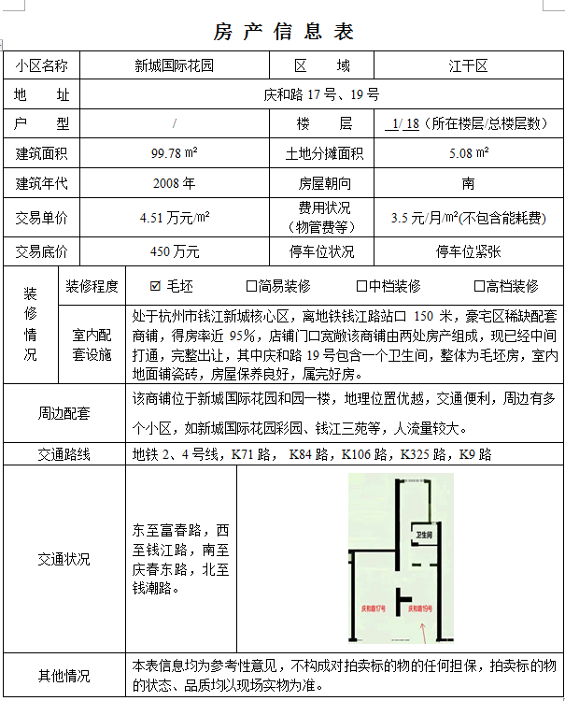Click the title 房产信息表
coord(284,32)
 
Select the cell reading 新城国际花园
coord(174,66)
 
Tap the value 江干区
coord(468,66)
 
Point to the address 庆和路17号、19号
coord(321,94)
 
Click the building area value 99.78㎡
coord(174,152)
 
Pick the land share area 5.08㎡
coord(468,152)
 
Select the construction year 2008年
coord(174,183)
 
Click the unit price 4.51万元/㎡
coord(174,218)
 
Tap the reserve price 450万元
coord(174,251)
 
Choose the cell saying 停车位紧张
coord(468,251)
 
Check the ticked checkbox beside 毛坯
coord(156,286)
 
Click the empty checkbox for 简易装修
coord(251,286)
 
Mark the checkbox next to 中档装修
coord(361,286)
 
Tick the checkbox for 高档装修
coord(479,286)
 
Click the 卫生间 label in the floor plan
coord(424,535)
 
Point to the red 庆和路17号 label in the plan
coord(374,608)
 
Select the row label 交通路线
coord(64,455)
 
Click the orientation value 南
coord(468,183)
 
